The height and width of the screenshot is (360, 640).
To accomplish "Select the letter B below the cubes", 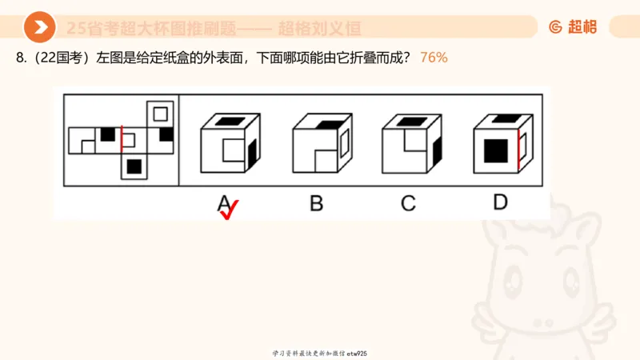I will click(x=317, y=203).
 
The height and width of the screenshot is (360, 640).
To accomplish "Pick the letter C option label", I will click(x=408, y=203).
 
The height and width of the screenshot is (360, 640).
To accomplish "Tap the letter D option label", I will click(x=500, y=202).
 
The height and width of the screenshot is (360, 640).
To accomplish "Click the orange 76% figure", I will click(x=434, y=58).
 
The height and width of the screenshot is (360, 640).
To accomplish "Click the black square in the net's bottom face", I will click(x=134, y=166).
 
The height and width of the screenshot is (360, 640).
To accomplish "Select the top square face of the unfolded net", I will click(x=160, y=112).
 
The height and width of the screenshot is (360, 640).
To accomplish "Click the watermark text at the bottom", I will click(x=320, y=353).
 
